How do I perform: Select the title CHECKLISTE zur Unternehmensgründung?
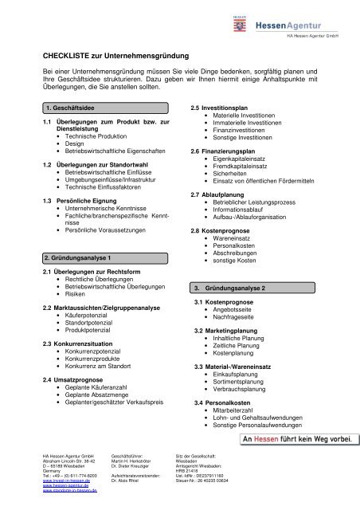tap(115, 56)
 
